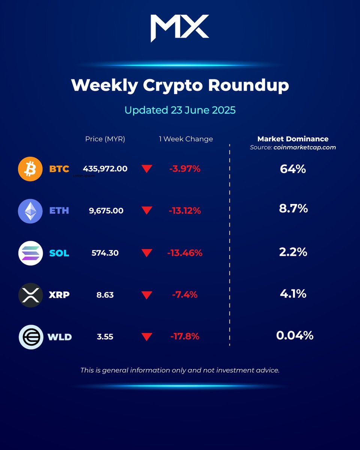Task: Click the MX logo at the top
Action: pos(180,28)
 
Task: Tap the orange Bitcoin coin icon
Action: pos(30,169)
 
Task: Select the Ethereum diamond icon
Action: pos(30,211)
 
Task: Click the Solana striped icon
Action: pos(30,253)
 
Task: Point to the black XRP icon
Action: pos(30,295)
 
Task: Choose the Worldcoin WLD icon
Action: pos(31,337)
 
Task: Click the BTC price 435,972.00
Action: pos(105,169)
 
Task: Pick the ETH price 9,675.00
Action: pos(106,211)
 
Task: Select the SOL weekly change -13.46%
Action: pos(185,253)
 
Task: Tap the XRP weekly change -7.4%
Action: pos(185,295)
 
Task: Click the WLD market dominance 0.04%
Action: pos(295,335)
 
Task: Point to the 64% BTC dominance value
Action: pos(293,169)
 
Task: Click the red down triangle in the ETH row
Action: pos(147,211)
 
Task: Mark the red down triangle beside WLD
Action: pos(147,337)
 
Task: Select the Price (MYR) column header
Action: pos(105,139)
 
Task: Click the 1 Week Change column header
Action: pos(186,139)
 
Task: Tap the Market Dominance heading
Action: pos(293,139)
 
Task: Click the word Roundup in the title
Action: pos(249,85)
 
